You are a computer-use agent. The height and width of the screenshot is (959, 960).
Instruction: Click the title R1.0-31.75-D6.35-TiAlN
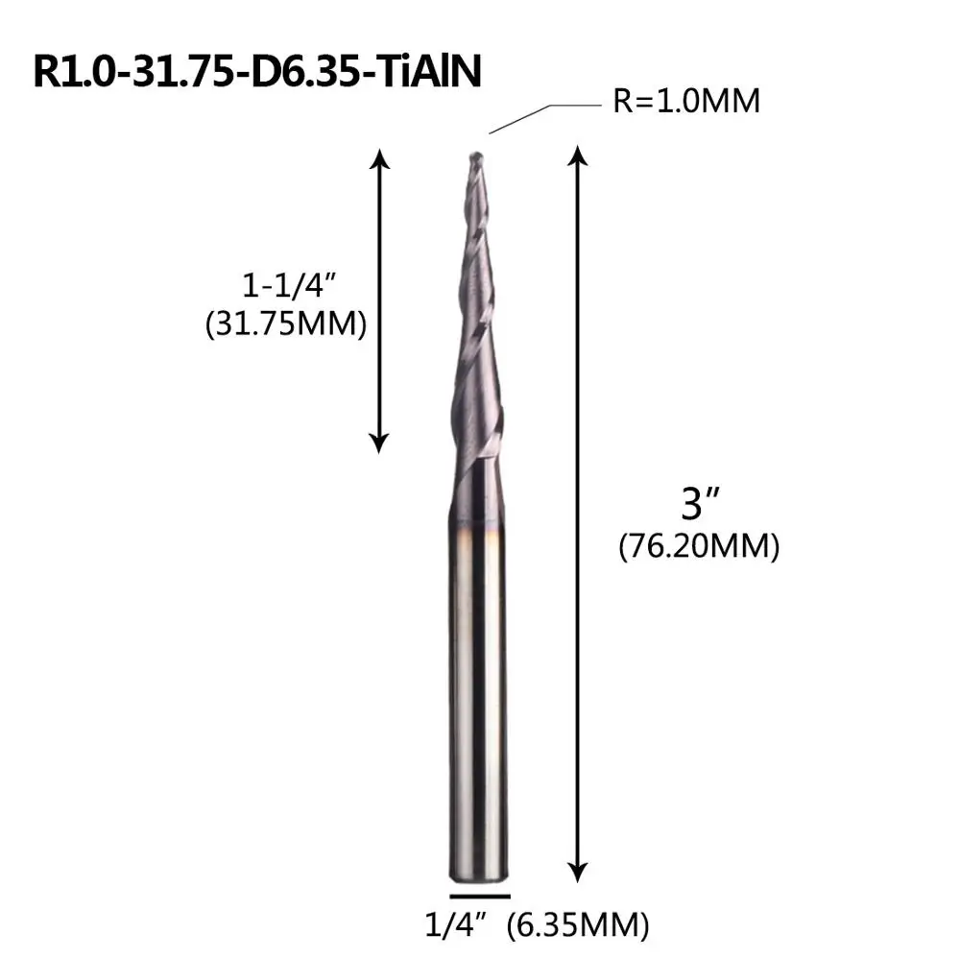(257, 72)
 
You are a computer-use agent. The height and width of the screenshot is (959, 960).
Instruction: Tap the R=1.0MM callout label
(686, 101)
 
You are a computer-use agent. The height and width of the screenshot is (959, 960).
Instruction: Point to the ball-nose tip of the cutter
(475, 157)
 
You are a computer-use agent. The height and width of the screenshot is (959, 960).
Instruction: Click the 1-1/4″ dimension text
(290, 285)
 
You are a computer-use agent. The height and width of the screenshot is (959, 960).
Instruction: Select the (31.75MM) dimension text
(286, 324)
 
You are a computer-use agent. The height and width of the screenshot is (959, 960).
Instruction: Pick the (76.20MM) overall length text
(699, 545)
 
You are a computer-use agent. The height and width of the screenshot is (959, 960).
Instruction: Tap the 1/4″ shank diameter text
(455, 924)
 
